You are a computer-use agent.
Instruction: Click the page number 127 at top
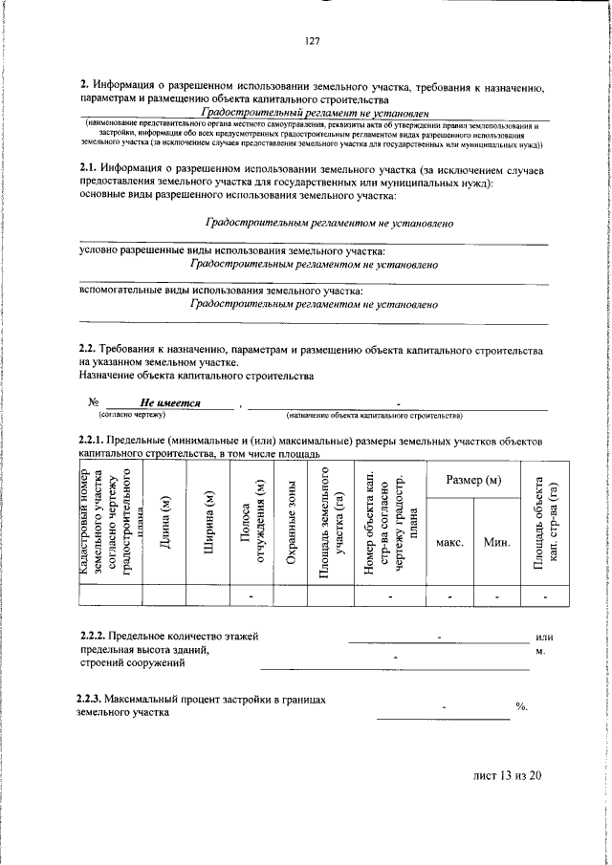pos(312,41)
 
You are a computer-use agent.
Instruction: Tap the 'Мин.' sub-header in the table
pos(496,542)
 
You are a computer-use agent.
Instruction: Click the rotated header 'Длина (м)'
pos(164,524)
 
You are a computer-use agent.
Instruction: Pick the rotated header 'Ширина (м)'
pos(208,524)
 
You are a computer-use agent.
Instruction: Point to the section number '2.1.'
pos(87,169)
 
